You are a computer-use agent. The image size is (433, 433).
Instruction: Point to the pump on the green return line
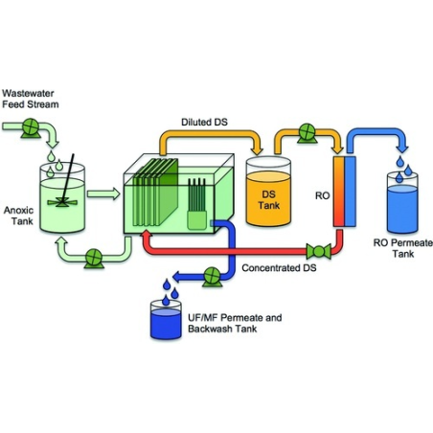click(x=94, y=257)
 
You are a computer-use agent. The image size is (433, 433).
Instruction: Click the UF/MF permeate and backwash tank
click(x=169, y=321)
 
